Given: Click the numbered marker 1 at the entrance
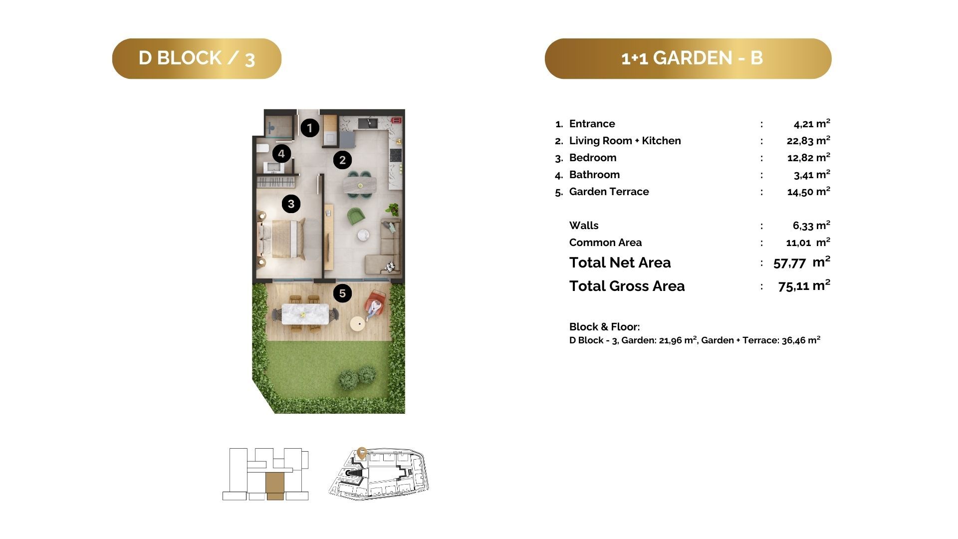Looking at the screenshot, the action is click(309, 128).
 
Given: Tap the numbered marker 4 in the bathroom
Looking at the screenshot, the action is click(281, 153).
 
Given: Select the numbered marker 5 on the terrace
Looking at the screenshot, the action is click(342, 293).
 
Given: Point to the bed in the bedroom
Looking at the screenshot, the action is click(280, 239).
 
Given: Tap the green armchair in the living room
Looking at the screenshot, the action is click(356, 216).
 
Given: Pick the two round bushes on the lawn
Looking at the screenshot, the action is click(357, 377).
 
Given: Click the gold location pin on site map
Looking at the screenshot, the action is click(362, 453).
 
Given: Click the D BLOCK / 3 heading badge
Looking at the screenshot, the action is click(197, 58).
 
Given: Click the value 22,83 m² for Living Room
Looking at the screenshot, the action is click(808, 140).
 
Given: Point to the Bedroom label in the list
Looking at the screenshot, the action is click(593, 158).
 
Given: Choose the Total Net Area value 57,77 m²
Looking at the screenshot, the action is click(802, 262).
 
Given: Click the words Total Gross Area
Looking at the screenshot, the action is click(627, 286).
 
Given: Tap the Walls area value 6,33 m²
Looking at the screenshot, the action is click(811, 225).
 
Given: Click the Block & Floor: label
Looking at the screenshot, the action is click(604, 327).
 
